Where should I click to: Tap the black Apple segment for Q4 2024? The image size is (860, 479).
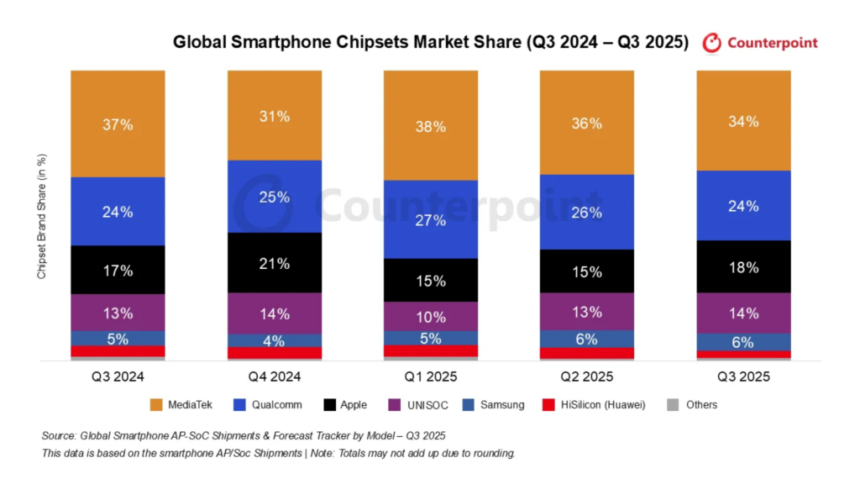tap(275, 262)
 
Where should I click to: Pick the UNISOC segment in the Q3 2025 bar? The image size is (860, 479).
tap(743, 313)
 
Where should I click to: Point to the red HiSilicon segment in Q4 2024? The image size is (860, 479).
tap(275, 353)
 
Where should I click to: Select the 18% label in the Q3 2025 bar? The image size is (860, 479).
tap(743, 267)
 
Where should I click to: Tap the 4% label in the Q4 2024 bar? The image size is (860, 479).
tap(275, 341)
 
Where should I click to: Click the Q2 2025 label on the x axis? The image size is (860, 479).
tap(587, 376)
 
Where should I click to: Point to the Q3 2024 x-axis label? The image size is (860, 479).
tap(118, 376)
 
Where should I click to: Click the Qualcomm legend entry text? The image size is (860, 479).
tap(276, 405)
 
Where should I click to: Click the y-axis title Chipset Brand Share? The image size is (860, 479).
tap(41, 216)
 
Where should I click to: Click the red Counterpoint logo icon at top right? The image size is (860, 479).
tap(712, 43)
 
